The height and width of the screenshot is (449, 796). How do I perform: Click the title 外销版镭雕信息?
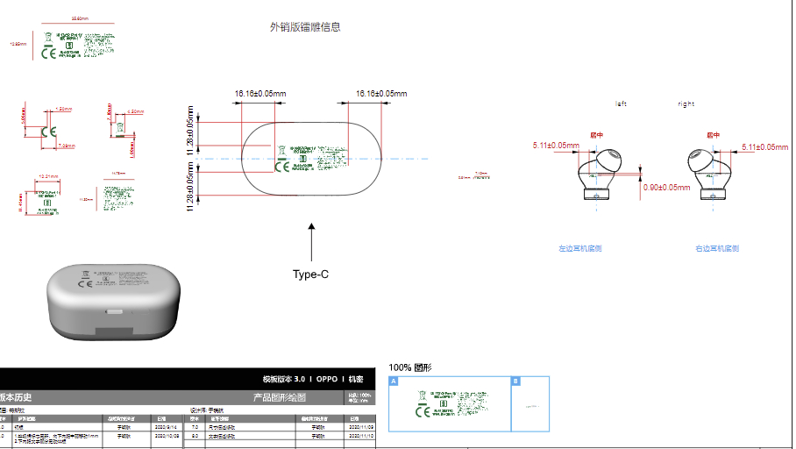click(x=305, y=27)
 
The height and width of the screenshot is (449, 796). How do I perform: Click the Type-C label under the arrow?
click(x=310, y=274)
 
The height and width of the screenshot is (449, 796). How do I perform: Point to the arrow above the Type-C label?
click(x=310, y=241)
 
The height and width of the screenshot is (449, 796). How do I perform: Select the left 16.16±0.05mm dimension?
click(x=260, y=94)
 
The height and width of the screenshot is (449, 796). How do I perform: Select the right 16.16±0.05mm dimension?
click(x=381, y=94)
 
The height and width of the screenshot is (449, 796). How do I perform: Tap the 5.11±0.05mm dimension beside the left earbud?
click(x=556, y=146)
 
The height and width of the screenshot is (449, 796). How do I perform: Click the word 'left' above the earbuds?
click(x=622, y=104)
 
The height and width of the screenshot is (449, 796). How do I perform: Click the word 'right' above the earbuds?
click(x=686, y=104)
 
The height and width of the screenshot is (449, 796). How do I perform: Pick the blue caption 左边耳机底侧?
click(x=580, y=248)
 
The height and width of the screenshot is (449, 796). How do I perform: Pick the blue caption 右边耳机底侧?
click(x=717, y=248)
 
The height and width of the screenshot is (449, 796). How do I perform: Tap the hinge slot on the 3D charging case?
click(x=114, y=310)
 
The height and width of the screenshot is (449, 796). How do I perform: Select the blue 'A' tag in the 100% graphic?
click(x=394, y=381)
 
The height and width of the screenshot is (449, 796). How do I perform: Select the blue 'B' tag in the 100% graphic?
click(x=515, y=381)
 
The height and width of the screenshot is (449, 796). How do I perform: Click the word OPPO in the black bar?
click(x=325, y=379)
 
